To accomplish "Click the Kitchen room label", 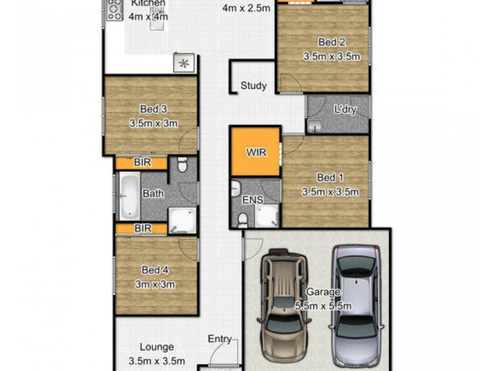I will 148,4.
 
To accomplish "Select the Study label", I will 253,85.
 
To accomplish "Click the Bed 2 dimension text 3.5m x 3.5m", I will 332,56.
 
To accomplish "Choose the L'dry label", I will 345,109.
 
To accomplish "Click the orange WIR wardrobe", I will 256,151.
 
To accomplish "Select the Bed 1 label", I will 330,178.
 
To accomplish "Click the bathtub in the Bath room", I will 129,195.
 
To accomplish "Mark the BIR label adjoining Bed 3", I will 143,163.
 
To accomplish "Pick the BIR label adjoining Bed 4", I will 143,228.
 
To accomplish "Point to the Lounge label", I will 156,348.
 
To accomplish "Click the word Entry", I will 219,339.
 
